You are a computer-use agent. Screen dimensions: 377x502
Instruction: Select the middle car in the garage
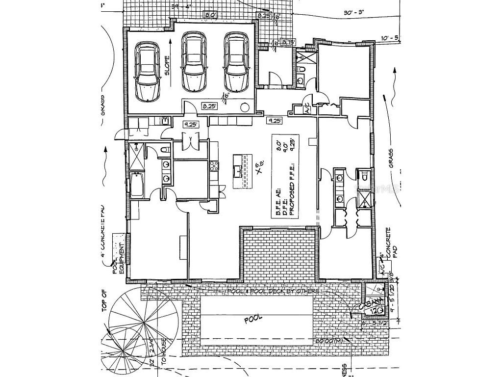tap(194, 61)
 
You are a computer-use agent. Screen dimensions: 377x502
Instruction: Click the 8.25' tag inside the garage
tap(210, 106)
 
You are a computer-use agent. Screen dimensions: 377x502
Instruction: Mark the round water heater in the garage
tap(245, 108)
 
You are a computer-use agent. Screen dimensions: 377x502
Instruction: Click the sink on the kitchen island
tap(238, 171)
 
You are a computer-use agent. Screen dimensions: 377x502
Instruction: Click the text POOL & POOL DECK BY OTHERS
tap(273, 291)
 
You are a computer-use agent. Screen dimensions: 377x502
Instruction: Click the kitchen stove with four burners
tap(214, 167)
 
